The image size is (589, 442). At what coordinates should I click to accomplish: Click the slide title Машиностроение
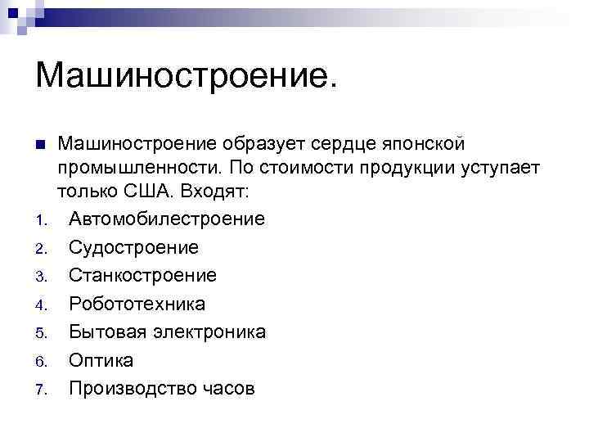click(186, 76)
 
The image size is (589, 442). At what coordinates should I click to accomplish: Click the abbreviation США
click(154, 192)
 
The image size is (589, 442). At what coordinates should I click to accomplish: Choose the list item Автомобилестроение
click(167, 219)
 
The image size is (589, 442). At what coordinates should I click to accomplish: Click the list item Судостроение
click(133, 247)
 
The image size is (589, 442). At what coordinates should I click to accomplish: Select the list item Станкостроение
click(142, 276)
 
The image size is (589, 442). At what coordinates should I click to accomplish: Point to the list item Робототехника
click(137, 304)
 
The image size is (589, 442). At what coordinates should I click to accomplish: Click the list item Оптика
click(101, 360)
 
